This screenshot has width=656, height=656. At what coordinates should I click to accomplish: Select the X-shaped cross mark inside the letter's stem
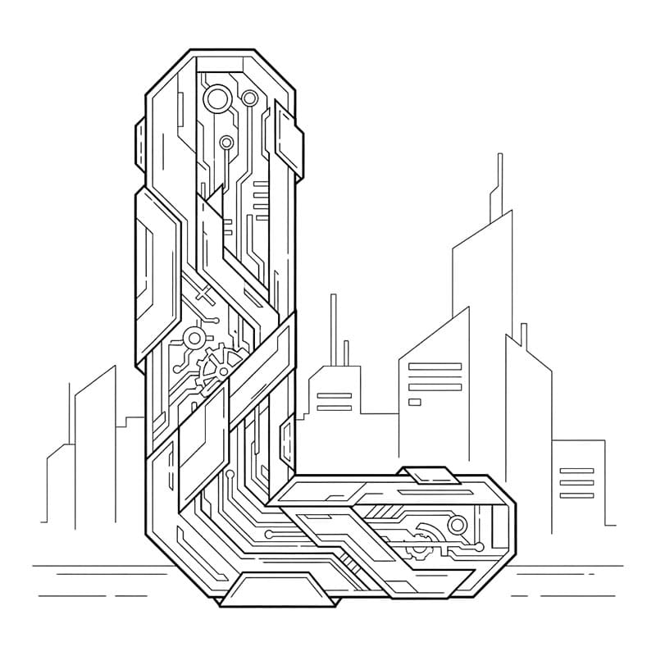click(203, 292)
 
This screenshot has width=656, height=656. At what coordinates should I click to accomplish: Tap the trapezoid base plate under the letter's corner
click(277, 590)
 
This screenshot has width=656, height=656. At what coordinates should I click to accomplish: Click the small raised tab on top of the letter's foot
click(428, 475)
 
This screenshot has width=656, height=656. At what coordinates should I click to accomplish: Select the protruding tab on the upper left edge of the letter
click(140, 145)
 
